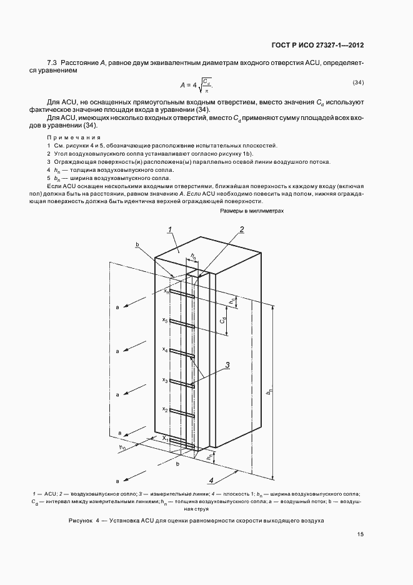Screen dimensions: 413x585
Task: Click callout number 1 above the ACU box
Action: (169, 231)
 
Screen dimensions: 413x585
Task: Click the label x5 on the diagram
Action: (165, 320)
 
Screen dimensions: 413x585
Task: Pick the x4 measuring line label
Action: (165, 349)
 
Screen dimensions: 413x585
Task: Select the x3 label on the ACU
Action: (165, 379)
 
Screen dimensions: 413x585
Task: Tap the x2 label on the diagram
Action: (165, 409)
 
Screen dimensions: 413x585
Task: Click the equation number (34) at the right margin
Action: (358, 83)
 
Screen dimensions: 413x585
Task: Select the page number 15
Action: (361, 534)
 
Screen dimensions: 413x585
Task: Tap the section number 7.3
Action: (52, 63)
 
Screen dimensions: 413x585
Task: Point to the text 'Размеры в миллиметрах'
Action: (252, 212)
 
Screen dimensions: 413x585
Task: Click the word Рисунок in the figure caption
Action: (81, 521)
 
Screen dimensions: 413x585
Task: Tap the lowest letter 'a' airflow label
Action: (117, 480)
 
